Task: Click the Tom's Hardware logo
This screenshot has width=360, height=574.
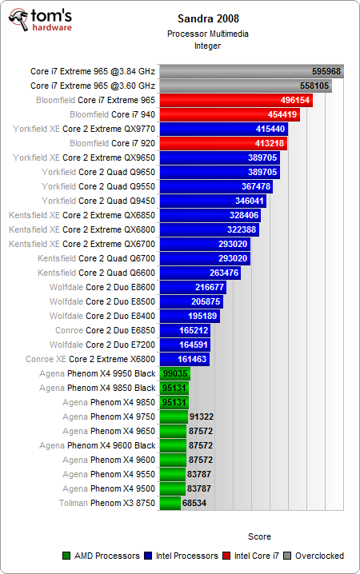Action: tap(40, 21)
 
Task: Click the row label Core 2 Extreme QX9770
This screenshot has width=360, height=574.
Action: tap(109, 129)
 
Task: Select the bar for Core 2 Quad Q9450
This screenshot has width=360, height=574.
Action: tap(213, 201)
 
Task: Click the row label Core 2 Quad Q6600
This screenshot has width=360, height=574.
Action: tap(109, 273)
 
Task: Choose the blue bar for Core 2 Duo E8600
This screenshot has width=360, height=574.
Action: tap(193, 287)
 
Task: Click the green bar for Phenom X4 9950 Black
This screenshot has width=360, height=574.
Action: tap(174, 373)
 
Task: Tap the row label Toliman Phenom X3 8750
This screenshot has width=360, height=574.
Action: tap(107, 503)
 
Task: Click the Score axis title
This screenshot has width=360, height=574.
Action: tap(259, 536)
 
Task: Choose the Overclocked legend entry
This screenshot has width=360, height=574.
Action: tap(318, 556)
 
